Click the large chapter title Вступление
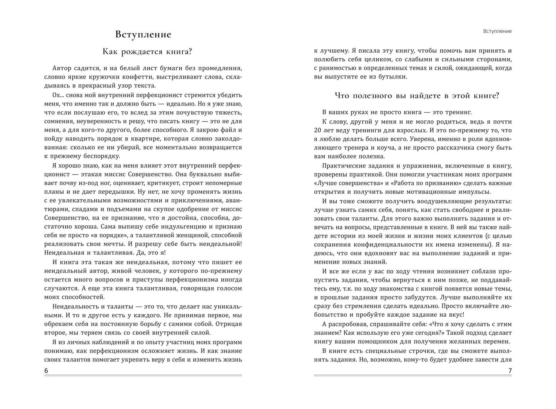point(143,34)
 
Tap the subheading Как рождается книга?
point(143,52)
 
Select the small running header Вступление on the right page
point(497,31)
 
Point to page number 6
point(46,371)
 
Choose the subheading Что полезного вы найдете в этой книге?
point(417,96)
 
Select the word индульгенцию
point(178,227)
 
